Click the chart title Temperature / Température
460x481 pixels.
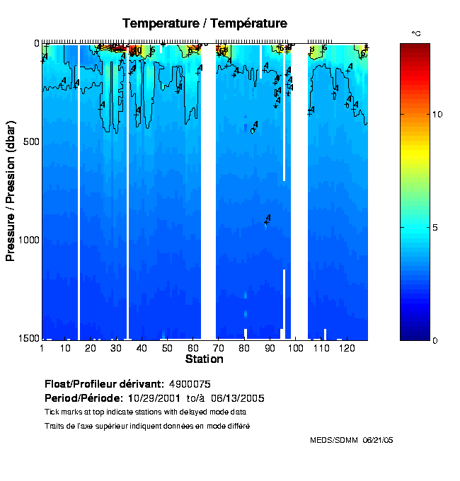coord(205,23)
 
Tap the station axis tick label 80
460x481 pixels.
coord(245,349)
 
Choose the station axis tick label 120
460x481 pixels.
coord(347,349)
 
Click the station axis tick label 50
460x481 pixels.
coord(168,349)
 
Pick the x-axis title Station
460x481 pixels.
coord(204,359)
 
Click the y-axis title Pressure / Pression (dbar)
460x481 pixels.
coord(11,191)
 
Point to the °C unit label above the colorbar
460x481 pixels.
coord(417,33)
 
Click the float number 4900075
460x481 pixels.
coord(190,383)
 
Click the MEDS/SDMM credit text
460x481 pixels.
coord(334,440)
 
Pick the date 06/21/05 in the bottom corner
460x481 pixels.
coord(379,440)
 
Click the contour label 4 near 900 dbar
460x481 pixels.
coord(268,218)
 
